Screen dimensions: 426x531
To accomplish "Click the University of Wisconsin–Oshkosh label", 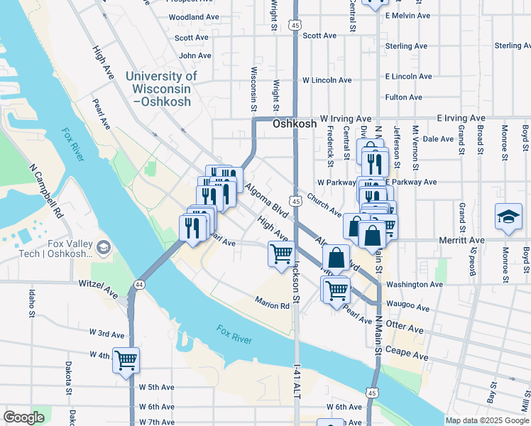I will click(161, 89).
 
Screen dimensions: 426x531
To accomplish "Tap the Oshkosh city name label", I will click(292, 124).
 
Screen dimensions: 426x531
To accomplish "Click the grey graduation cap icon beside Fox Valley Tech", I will click(104, 247).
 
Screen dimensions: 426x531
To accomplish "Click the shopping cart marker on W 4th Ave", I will click(126, 360).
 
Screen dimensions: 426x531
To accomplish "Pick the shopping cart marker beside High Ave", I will click(282, 253).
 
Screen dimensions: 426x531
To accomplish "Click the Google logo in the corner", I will click(23, 417).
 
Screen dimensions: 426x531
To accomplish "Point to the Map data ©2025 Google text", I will click(487, 420).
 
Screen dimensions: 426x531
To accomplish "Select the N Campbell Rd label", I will click(46, 192).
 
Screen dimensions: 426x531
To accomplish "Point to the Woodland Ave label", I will click(194, 16).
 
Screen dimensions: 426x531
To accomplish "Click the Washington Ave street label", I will click(415, 284).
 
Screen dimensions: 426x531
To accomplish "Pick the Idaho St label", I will click(32, 302).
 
